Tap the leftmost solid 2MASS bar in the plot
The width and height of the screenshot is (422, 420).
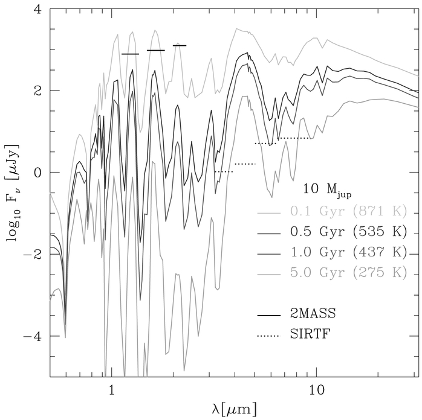click(130, 54)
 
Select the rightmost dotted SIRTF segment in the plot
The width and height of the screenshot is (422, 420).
click(295, 138)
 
